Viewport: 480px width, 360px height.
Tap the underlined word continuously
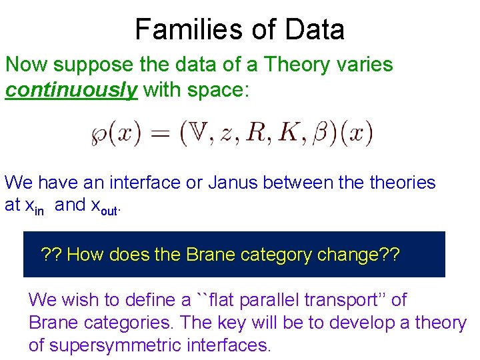(71, 90)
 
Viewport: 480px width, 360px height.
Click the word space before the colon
(213, 90)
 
